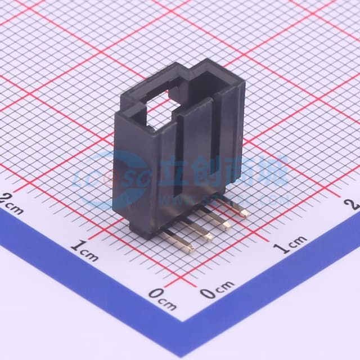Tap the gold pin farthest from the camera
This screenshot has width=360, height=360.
click(x=243, y=213)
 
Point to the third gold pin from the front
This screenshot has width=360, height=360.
click(x=225, y=226)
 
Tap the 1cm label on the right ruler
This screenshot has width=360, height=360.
click(x=290, y=245)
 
